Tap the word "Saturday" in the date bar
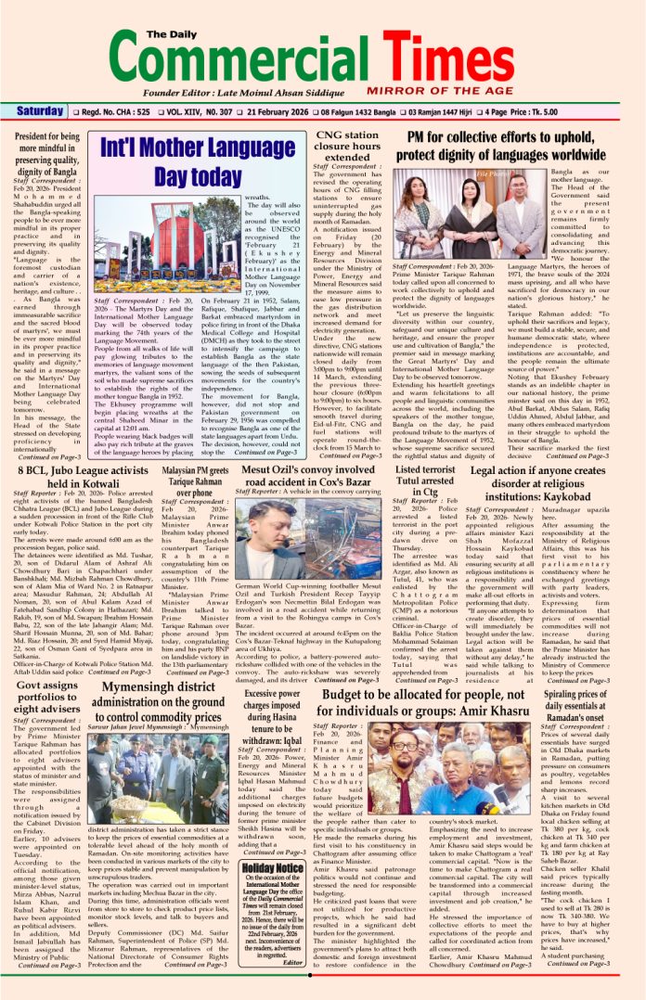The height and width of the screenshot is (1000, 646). pyautogui.click(x=39, y=111)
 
